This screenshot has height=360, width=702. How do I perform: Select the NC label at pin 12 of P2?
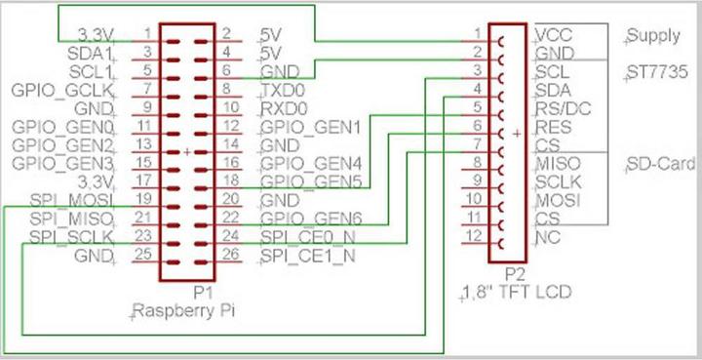click(547, 237)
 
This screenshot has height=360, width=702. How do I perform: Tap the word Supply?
click(653, 36)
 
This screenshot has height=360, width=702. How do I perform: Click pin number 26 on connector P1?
click(232, 257)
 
